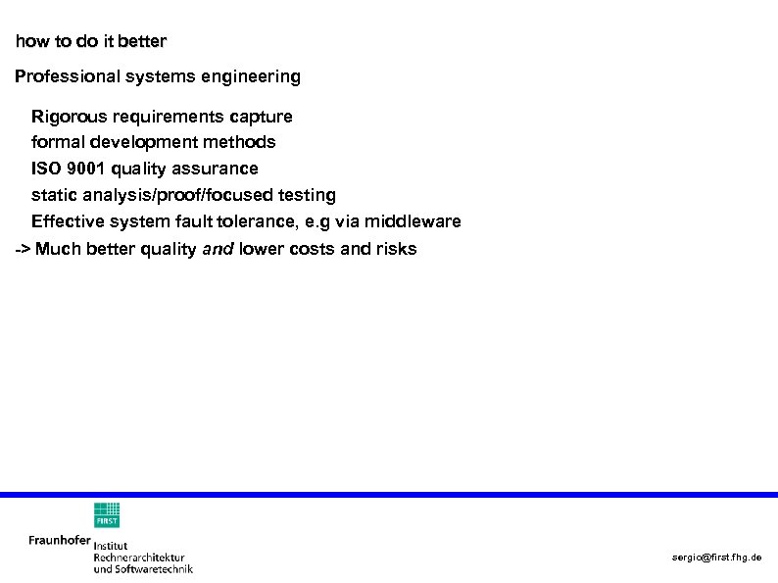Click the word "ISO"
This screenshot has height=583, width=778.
(45, 169)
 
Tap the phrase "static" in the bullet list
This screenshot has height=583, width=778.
(54, 195)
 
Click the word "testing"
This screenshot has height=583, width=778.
(304, 195)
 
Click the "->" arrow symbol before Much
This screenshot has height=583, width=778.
(23, 249)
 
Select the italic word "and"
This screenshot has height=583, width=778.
(218, 249)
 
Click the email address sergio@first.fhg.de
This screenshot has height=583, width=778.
(716, 558)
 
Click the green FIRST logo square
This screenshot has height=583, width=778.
(107, 515)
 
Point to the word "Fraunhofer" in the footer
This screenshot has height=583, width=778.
(60, 540)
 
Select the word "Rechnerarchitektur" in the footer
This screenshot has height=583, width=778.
(139, 557)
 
